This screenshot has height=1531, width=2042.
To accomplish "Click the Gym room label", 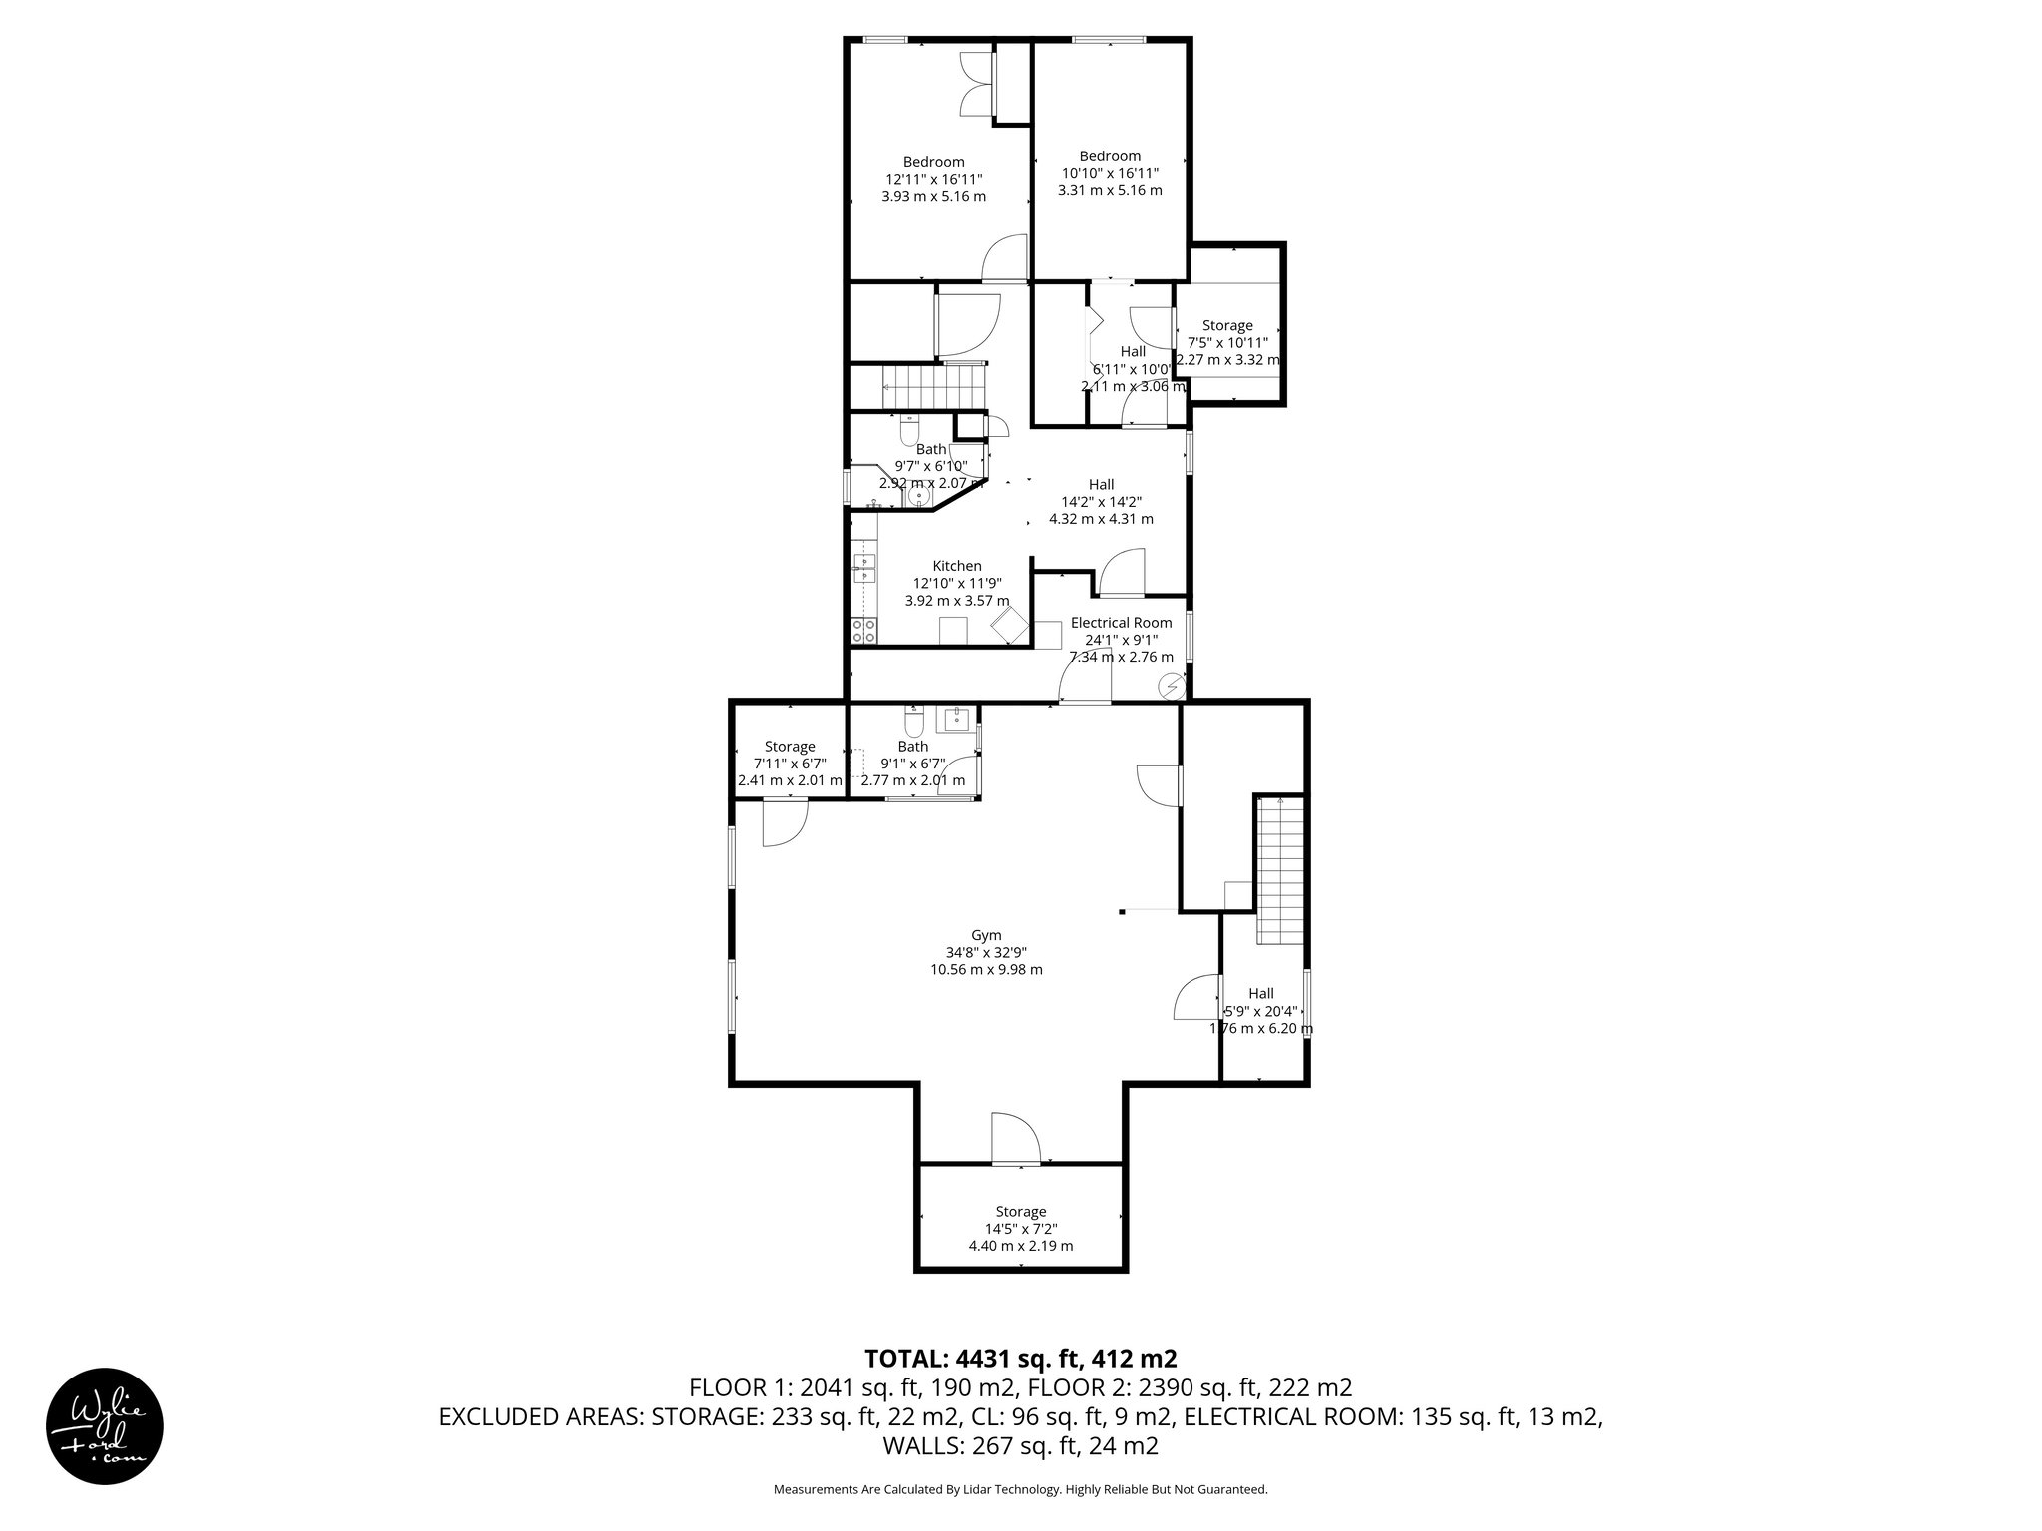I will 986,935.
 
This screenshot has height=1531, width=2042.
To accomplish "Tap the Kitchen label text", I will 956,566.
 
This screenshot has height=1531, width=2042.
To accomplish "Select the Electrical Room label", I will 1121,623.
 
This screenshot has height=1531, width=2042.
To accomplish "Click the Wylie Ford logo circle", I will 105,1424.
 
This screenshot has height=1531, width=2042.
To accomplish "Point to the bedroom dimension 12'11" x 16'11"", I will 933,179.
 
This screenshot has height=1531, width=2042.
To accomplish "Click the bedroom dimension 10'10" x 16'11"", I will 1109,173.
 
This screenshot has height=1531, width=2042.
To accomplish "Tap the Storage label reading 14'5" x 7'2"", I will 1020,1229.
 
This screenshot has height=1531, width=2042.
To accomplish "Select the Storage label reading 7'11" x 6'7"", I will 789,764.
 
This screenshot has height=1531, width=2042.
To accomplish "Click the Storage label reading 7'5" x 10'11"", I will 1226,342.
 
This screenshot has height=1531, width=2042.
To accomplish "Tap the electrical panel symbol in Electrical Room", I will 1173,686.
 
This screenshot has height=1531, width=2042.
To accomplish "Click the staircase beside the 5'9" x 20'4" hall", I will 1279,872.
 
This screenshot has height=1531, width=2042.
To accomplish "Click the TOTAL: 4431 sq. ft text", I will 1020,1359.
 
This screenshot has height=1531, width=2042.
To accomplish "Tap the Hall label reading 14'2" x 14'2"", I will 1101,502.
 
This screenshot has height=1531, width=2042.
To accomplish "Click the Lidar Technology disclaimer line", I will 1020,1489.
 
